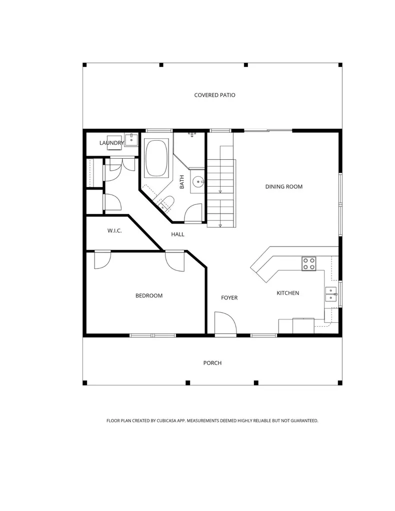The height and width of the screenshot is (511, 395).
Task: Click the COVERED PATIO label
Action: (214, 95)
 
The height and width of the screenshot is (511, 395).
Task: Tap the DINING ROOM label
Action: (283, 187)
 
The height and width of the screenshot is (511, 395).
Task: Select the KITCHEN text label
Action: (287, 293)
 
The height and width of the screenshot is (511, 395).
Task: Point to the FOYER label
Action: (229, 297)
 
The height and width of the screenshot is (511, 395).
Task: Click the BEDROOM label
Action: (149, 295)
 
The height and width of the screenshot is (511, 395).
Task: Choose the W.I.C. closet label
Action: (114, 231)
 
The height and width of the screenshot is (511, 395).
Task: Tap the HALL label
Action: (177, 235)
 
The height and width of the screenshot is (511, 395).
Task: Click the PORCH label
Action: (212, 363)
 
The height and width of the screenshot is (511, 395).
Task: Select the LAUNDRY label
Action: (111, 143)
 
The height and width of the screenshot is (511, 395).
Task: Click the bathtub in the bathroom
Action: (156, 158)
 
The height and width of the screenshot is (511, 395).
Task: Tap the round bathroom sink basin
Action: (197, 182)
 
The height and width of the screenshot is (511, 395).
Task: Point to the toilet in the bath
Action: (166, 204)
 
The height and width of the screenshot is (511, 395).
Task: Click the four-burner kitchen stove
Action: (308, 263)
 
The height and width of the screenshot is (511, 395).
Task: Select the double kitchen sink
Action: (330, 294)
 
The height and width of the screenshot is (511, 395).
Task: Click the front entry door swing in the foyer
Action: (225, 323)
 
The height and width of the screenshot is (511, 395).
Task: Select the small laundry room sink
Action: (131, 140)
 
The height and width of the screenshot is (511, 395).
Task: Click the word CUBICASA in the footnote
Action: (166, 421)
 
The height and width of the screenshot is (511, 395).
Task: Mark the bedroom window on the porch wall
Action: (153, 335)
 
